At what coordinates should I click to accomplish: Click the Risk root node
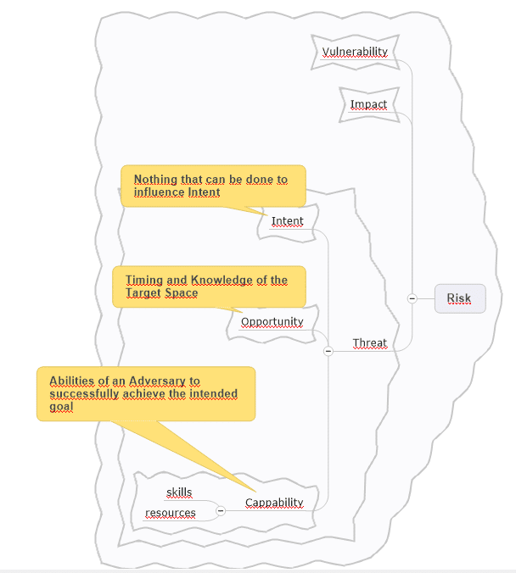pos(460,298)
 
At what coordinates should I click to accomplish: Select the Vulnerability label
pos(355,52)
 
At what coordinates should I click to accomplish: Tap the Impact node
pos(368,104)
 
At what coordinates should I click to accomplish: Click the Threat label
pos(370,342)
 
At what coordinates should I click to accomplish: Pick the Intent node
pos(287,221)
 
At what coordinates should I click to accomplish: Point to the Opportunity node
pos(272,321)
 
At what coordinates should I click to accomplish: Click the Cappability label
pos(274,503)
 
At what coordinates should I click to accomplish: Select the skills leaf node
pos(179,492)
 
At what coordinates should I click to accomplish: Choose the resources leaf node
pos(171,513)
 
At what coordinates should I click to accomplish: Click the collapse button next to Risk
pos(412,298)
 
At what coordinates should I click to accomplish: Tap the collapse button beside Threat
pos(328,351)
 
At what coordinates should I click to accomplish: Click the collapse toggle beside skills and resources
pos(221,510)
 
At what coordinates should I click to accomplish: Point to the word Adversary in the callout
pos(157,381)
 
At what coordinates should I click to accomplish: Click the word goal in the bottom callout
pos(61,407)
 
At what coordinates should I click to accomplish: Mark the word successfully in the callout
pos(84,394)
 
